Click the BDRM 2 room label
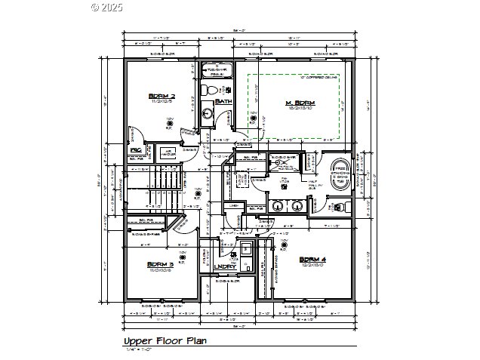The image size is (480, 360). [162, 97]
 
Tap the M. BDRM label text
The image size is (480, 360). [299, 103]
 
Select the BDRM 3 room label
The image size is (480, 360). [161, 265]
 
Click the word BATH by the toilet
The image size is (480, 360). [223, 102]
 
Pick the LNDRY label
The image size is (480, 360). [225, 266]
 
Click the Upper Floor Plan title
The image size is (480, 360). [165, 341]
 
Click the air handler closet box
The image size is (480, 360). [171, 155]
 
